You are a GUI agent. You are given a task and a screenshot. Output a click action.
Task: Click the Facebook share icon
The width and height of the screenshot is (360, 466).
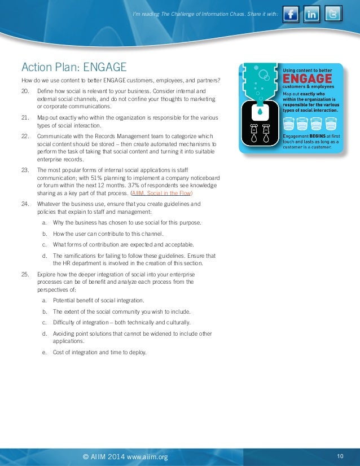point(291,14)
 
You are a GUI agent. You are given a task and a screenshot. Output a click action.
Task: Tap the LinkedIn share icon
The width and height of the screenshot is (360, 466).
point(312,14)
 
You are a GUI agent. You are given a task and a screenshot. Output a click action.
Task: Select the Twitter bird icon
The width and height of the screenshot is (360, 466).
point(333,14)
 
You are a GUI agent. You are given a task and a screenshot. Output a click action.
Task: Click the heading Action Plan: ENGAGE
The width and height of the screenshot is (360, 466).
point(74,67)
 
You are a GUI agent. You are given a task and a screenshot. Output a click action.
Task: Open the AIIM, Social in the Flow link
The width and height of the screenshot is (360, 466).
point(161,192)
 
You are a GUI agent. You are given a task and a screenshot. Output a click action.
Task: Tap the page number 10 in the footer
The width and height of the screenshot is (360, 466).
point(340,456)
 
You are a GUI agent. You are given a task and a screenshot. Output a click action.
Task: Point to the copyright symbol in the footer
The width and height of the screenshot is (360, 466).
point(86,456)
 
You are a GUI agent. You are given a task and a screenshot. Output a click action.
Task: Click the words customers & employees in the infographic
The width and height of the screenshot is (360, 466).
point(309,87)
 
